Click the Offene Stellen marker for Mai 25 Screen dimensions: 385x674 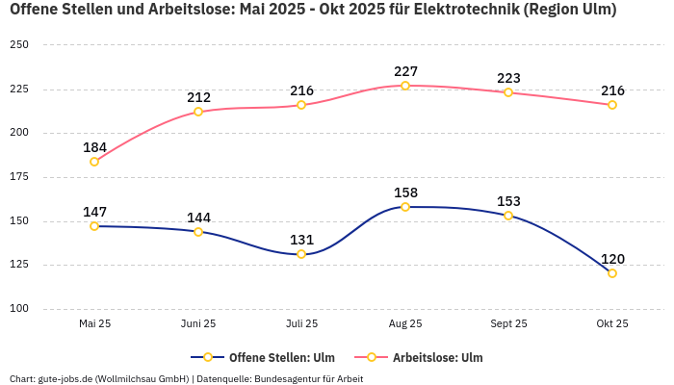tap(94, 226)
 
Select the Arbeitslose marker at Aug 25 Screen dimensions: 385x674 tap(405, 86)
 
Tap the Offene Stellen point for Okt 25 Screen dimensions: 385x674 tap(612, 273)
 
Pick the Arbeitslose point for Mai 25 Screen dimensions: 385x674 tap(94, 162)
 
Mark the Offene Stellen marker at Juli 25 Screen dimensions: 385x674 tap(301, 254)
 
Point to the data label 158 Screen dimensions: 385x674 tap(405, 192)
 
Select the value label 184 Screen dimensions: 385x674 tap(94, 147)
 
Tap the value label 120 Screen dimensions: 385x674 tap(612, 259)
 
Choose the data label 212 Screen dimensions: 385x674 tap(198, 97)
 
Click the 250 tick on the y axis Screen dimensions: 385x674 tap(19, 45)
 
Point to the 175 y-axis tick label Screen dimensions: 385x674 tap(19, 177)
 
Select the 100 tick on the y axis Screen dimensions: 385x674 tap(19, 309)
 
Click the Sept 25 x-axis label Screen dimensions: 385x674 tap(508, 324)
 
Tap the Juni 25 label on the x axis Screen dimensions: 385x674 tap(198, 324)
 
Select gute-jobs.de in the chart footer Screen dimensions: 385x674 tap(65, 379)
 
